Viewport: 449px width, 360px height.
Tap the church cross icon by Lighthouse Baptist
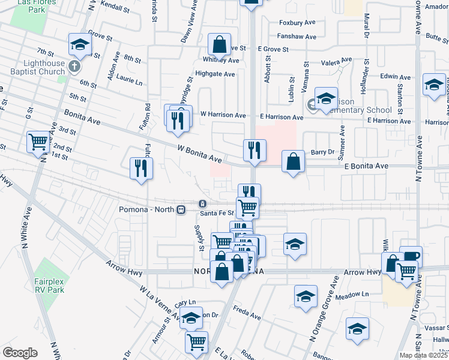click(x=74, y=66)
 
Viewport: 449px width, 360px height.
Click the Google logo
click(x=20, y=353)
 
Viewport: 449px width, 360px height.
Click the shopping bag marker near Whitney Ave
click(x=220, y=44)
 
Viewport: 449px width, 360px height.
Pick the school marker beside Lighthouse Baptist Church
click(x=80, y=45)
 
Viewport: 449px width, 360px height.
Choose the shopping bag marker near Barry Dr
click(x=293, y=162)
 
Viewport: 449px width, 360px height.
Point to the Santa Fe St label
click(x=217, y=213)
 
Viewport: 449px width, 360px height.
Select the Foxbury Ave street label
click(x=297, y=23)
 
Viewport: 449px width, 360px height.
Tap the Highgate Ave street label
click(x=217, y=74)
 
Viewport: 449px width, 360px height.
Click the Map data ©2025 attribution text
click(x=424, y=355)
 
